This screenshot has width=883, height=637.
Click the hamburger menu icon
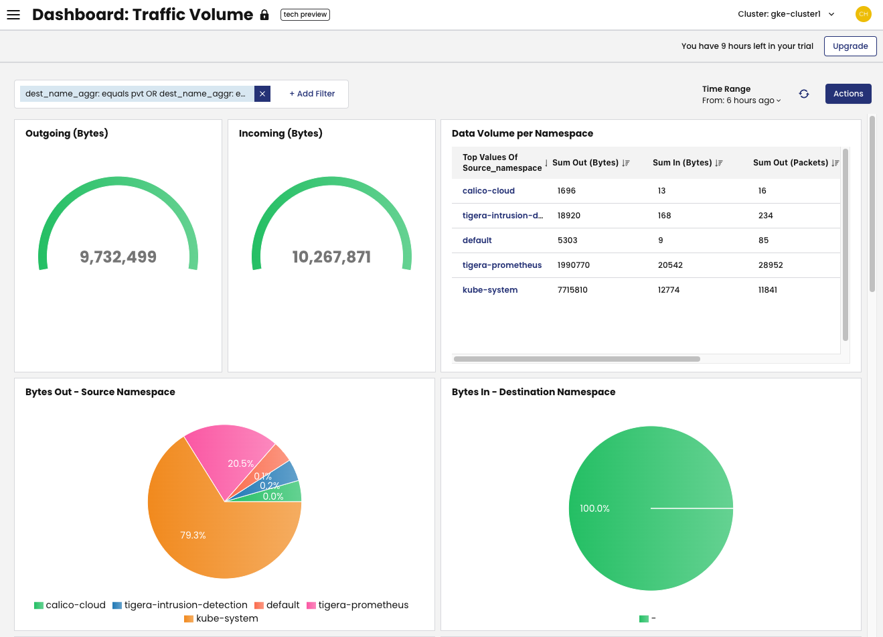(13, 15)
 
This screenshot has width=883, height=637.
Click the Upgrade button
(850, 46)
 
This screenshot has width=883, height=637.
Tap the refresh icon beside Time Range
(804, 94)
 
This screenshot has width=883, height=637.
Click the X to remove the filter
(262, 94)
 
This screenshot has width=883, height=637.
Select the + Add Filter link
(312, 94)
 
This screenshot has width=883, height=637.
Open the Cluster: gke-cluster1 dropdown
(786, 14)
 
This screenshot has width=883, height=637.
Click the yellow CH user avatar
(864, 14)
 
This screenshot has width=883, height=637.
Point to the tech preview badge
(305, 14)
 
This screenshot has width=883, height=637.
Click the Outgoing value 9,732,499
(118, 257)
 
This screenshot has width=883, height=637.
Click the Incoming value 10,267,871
(331, 257)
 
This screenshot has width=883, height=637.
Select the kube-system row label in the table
(490, 290)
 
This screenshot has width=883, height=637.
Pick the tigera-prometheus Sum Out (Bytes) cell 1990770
(574, 265)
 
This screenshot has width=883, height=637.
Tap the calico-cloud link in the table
(489, 191)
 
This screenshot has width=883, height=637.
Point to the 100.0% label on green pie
(594, 508)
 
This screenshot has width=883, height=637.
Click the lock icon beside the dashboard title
(264, 15)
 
